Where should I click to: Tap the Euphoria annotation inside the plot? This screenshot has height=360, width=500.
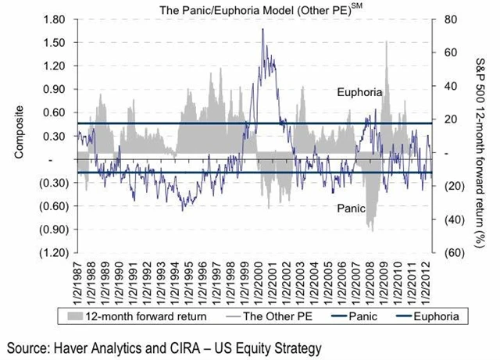point(359,92)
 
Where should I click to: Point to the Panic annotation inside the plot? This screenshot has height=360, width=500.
point(350,209)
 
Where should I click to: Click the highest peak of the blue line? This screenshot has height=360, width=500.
point(262,29)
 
